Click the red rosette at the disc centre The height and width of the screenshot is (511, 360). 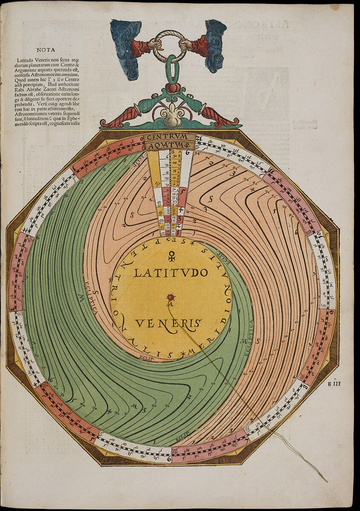tap(171, 296)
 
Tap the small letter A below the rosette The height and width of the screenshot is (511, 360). tap(170, 304)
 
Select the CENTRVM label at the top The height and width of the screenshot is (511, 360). tap(170, 137)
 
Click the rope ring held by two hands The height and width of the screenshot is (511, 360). tap(170, 46)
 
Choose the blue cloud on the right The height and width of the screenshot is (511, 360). tap(215, 45)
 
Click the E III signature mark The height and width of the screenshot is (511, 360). tap(334, 384)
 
